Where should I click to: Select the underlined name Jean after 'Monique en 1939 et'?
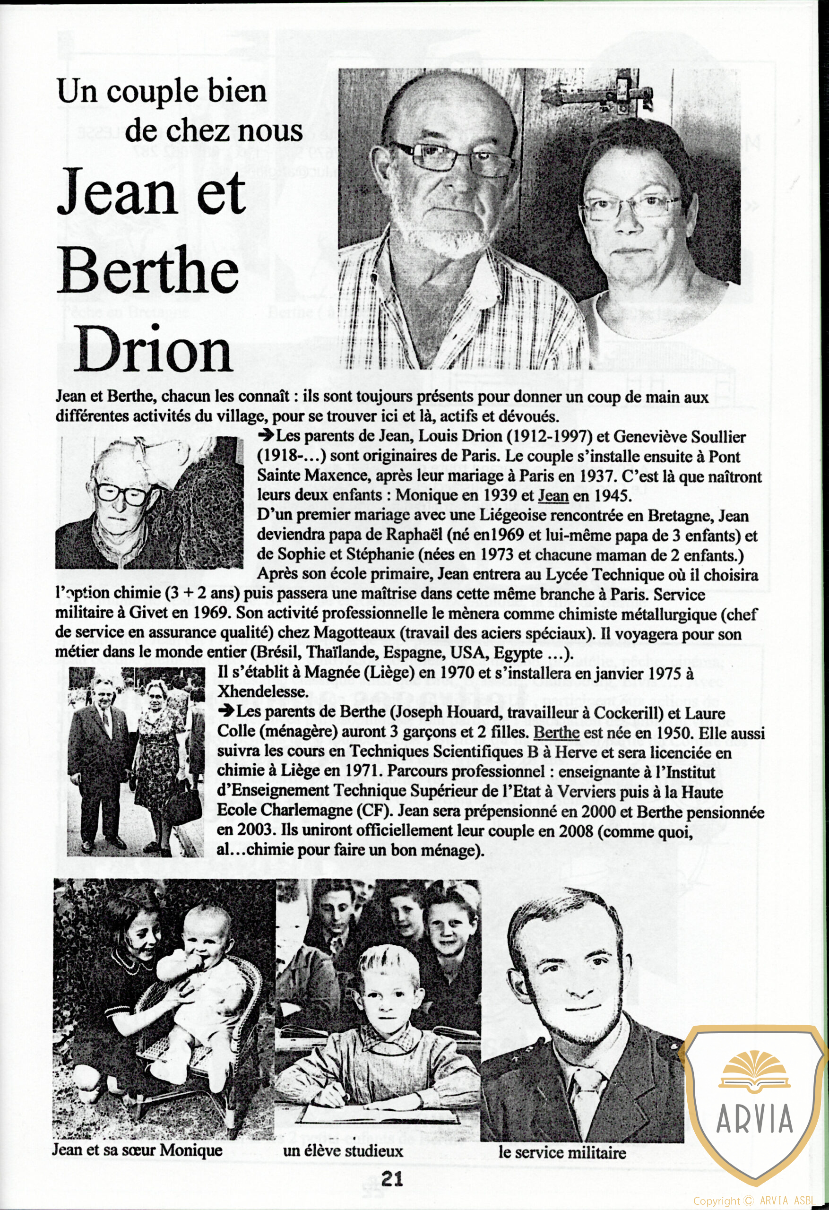point(553,495)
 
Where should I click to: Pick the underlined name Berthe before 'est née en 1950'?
point(557,733)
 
